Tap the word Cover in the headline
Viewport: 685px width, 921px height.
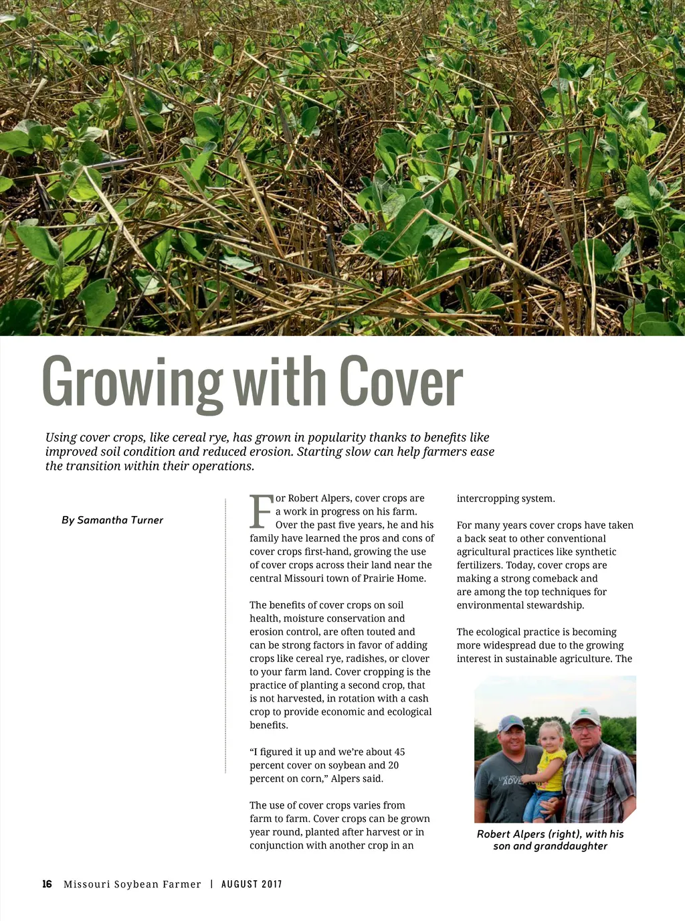coord(401,382)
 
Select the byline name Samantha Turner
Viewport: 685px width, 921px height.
coord(120,520)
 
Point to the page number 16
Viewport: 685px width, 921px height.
coord(47,884)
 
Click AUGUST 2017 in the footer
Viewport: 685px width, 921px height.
coord(252,884)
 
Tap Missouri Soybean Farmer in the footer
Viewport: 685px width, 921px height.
coord(132,884)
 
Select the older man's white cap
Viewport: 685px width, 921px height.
coord(585,716)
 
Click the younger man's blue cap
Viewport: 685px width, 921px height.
coord(512,723)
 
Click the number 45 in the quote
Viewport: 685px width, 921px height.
coord(399,752)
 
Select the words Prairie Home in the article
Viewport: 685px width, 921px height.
coord(396,578)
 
